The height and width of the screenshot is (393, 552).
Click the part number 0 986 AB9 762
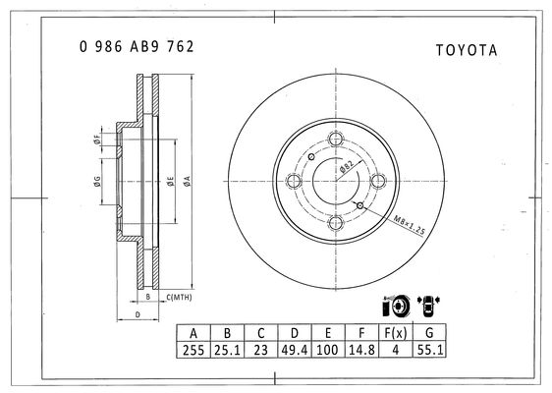(137, 47)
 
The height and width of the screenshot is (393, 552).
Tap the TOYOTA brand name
(467, 50)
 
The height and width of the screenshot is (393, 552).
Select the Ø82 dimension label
(347, 166)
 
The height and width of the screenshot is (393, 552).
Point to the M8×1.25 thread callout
(410, 225)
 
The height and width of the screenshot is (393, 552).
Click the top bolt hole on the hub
(336, 139)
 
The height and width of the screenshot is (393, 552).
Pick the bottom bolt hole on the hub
(336, 223)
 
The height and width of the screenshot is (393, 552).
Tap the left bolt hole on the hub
(294, 181)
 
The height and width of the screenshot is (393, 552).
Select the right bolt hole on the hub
(378, 181)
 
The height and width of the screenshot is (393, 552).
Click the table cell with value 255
(193, 350)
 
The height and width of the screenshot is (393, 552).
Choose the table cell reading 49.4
(295, 350)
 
